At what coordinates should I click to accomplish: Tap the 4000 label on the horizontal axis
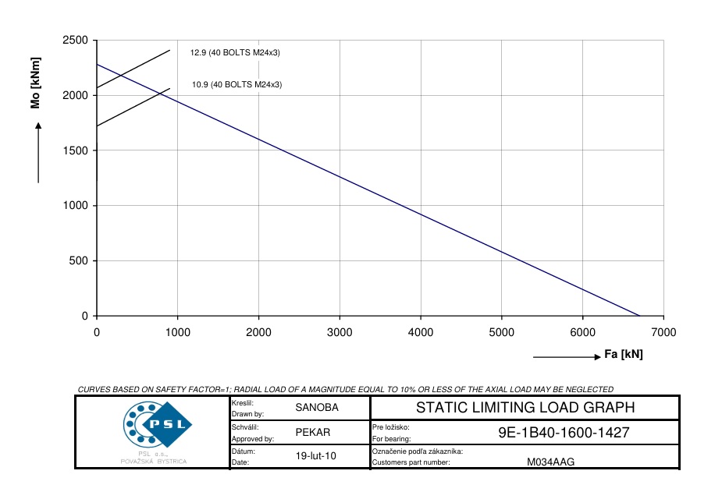pyautogui.click(x=420, y=332)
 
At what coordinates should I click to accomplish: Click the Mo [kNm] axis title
pyautogui.click(x=35, y=83)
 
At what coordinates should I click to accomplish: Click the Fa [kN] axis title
pyautogui.click(x=624, y=355)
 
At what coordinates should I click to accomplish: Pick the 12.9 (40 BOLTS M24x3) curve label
pyautogui.click(x=235, y=53)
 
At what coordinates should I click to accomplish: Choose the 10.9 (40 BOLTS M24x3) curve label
pyautogui.click(x=237, y=85)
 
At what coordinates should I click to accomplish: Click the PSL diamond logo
pyautogui.click(x=157, y=424)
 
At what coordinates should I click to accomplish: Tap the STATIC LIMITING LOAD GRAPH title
pyautogui.click(x=525, y=407)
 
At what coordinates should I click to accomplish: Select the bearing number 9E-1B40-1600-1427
pyautogui.click(x=564, y=433)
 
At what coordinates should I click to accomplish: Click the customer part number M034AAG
pyautogui.click(x=550, y=462)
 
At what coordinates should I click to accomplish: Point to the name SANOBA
pyautogui.click(x=317, y=407)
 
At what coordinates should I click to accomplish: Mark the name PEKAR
pyautogui.click(x=313, y=433)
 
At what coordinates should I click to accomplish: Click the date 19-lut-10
pyautogui.click(x=317, y=456)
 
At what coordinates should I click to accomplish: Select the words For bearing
pyautogui.click(x=391, y=439)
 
